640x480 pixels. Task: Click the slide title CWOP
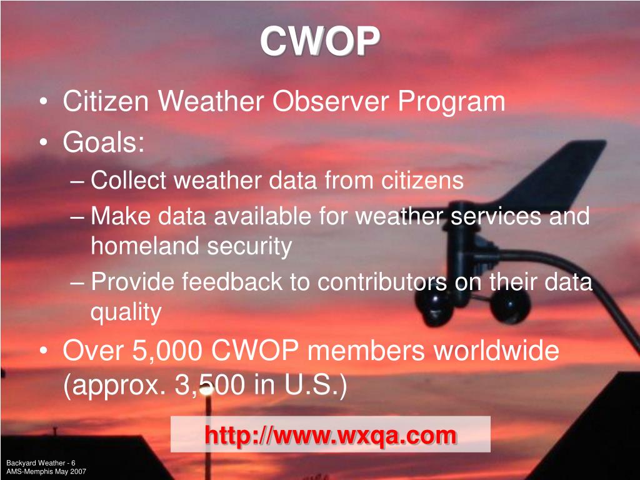[x=319, y=42]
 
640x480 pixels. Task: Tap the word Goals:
[x=104, y=143]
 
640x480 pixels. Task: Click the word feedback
[x=232, y=282]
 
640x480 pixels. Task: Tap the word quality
[x=126, y=312]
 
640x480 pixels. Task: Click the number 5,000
[x=167, y=351]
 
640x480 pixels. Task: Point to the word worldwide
[x=496, y=351]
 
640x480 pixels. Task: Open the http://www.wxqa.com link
[x=330, y=435]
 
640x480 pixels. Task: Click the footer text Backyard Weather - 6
[x=41, y=462]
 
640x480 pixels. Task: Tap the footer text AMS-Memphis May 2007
[x=46, y=471]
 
